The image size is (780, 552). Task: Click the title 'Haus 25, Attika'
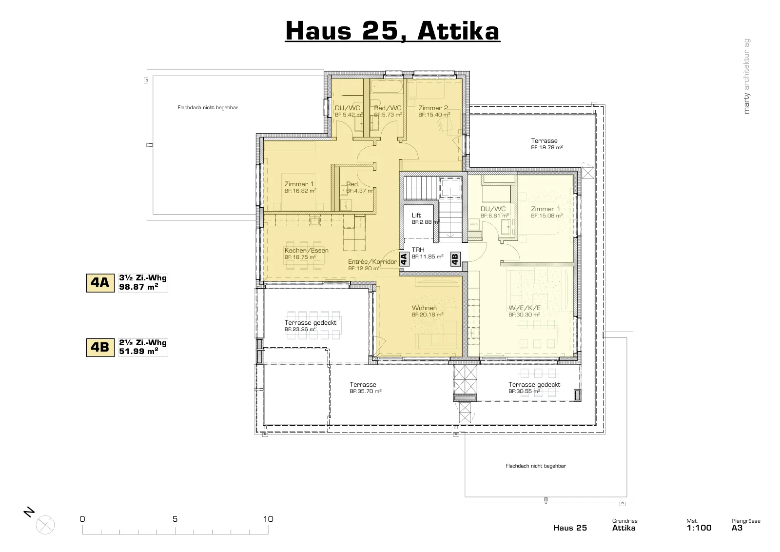pyautogui.click(x=392, y=31)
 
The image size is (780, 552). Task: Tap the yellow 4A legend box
pyautogui.click(x=100, y=283)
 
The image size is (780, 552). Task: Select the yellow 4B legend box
pyautogui.click(x=100, y=348)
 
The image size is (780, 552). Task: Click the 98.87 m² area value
pyautogui.click(x=138, y=287)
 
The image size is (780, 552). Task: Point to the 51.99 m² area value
pyautogui.click(x=138, y=352)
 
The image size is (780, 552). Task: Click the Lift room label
pyautogui.click(x=416, y=215)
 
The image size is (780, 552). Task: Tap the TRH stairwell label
pyautogui.click(x=418, y=250)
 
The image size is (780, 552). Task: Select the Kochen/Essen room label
pyautogui.click(x=307, y=251)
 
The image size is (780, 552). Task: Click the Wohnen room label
pyautogui.click(x=424, y=308)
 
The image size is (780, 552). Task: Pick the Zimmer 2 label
pyautogui.click(x=433, y=108)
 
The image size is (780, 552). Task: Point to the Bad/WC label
pyautogui.click(x=388, y=108)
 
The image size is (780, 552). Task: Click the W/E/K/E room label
pyautogui.click(x=525, y=308)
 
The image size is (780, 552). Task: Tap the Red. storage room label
pyautogui.click(x=352, y=184)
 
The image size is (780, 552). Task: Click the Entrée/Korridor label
pyautogui.click(x=372, y=262)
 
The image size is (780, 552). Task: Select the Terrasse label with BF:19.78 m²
pyautogui.click(x=544, y=141)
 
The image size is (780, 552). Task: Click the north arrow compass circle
pyautogui.click(x=45, y=525)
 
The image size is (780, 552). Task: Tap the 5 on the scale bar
pyautogui.click(x=175, y=519)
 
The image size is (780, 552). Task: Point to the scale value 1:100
pyautogui.click(x=699, y=528)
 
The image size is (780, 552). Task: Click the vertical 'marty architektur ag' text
pyautogui.click(x=746, y=76)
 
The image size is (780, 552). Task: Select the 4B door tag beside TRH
pyautogui.click(x=455, y=259)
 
